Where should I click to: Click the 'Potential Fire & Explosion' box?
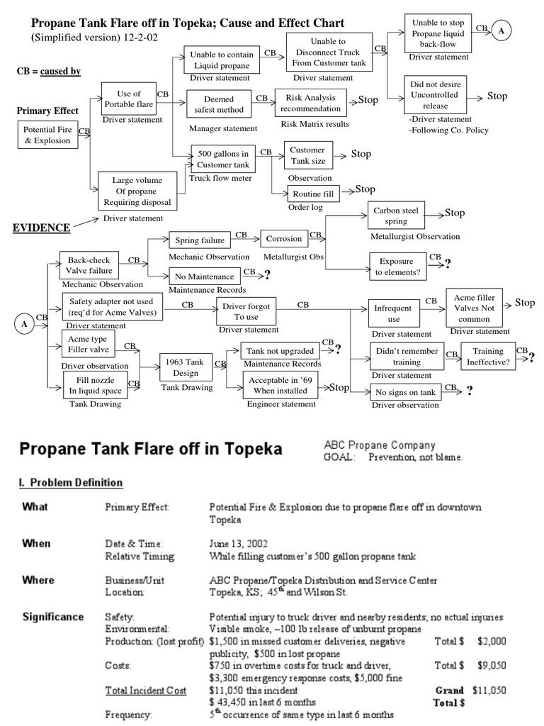tap(47, 135)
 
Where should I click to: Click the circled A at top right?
tap(502, 32)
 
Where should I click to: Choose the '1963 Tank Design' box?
tap(185, 368)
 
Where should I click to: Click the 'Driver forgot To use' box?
tap(246, 311)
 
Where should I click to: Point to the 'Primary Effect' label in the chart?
tap(48, 111)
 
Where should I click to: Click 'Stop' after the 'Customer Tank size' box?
tap(361, 154)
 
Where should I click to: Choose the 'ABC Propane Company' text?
tap(379, 445)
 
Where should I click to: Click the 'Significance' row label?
tap(52, 616)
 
